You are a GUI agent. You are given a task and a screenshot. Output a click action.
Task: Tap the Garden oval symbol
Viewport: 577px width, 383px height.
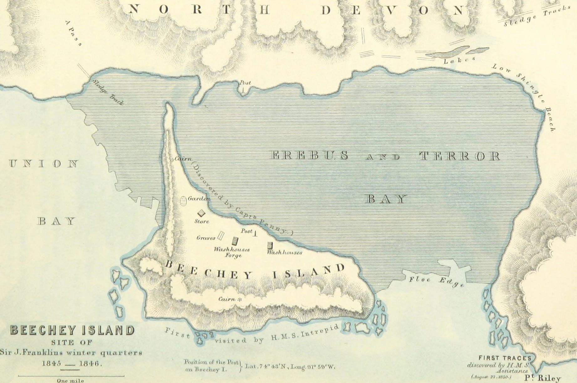tap(184, 200)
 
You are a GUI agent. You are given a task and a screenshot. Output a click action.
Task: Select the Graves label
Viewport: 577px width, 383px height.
tap(206, 238)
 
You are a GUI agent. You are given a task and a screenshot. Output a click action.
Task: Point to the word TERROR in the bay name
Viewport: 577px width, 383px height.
tap(460, 156)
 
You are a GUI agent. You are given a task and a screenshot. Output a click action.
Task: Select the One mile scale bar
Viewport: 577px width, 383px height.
tap(71, 375)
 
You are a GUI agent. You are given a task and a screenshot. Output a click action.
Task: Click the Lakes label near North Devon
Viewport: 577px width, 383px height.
tap(459, 60)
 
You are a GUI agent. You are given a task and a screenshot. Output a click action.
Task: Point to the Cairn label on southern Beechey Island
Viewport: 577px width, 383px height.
tap(227, 299)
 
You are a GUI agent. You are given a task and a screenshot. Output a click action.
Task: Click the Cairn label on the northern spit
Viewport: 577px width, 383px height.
tap(183, 159)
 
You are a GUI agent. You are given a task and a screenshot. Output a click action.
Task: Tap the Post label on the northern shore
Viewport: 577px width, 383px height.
tap(245, 83)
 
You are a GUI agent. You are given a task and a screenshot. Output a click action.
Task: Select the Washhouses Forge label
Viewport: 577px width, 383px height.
tap(232, 252)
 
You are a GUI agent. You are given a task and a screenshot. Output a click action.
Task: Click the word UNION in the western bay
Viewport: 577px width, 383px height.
tap(44, 164)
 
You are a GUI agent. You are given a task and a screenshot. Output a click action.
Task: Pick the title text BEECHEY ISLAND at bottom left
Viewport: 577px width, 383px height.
tap(73, 330)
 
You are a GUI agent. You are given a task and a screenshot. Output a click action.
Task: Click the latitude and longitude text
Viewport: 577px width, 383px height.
tap(290, 366)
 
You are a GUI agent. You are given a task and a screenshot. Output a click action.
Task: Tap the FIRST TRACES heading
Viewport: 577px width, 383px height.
tap(505, 358)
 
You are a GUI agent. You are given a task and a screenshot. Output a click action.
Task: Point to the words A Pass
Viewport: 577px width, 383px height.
tap(74, 33)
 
